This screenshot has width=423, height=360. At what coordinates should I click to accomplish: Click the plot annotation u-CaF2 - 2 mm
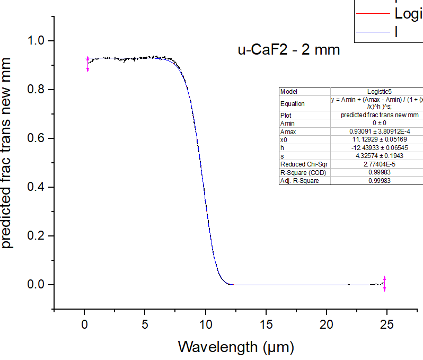pyautogui.click(x=288, y=50)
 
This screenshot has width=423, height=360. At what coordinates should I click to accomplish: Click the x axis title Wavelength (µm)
pyautogui.click(x=235, y=347)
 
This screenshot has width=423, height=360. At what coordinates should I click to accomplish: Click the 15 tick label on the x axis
pyautogui.click(x=266, y=324)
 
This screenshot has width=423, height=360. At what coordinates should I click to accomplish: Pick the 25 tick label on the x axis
pyautogui.click(x=387, y=324)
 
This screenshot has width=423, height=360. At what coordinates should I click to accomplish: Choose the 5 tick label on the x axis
pyautogui.click(x=145, y=324)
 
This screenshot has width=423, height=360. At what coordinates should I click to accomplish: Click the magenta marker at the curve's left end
pyautogui.click(x=87, y=64)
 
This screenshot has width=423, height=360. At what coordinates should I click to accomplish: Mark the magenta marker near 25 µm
pyautogui.click(x=385, y=283)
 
